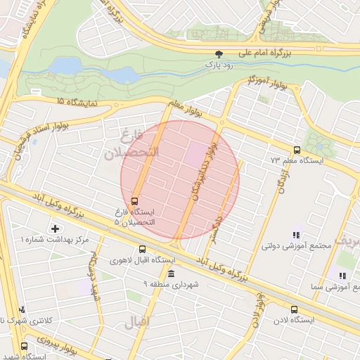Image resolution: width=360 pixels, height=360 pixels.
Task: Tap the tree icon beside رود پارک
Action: tap(220, 53)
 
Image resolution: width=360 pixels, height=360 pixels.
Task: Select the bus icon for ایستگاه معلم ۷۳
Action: tap(297, 150)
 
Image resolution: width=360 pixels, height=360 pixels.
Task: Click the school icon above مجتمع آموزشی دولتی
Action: tap(296, 235)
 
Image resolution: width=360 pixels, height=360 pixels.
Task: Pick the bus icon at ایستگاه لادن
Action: tap(294, 309)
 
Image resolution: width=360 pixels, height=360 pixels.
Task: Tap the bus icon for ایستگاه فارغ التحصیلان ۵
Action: tap(135, 200)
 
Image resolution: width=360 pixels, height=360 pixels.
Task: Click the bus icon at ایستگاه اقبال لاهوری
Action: tap(143, 249)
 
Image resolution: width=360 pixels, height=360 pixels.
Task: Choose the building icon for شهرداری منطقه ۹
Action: tap(172, 273)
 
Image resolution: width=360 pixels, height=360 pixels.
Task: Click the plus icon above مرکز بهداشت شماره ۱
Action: tap(56, 229)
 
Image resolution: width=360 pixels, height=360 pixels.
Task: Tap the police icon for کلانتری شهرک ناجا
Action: tap(23, 309)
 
